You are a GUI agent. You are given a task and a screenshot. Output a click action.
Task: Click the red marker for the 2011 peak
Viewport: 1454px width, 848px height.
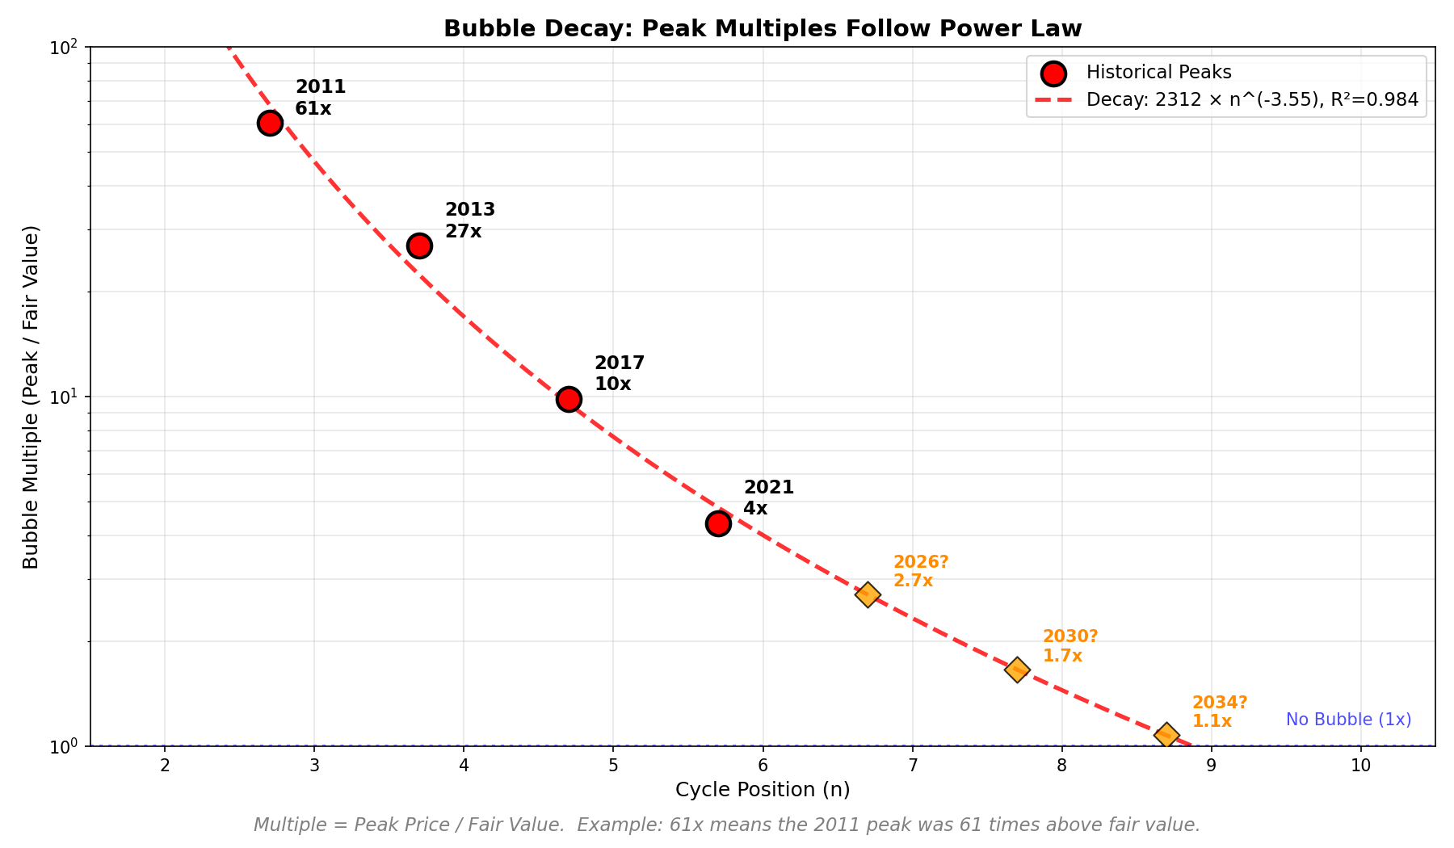[270, 123]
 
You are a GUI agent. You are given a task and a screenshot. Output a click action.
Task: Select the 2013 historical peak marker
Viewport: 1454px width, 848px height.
[419, 246]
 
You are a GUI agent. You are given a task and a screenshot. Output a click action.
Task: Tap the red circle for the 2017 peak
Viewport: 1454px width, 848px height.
[569, 399]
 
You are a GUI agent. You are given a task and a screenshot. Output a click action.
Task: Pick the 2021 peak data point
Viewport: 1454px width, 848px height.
[718, 523]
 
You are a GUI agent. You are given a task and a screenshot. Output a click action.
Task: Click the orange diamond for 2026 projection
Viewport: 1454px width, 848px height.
[868, 595]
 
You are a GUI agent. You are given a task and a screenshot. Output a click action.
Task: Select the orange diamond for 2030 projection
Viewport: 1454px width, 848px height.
[1017, 669]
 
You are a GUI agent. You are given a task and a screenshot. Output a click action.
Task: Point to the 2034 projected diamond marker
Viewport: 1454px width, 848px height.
[1166, 735]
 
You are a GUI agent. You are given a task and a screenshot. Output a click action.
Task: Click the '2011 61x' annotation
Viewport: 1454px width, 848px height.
[320, 98]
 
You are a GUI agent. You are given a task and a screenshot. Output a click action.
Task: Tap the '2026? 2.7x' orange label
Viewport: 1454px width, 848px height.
[920, 572]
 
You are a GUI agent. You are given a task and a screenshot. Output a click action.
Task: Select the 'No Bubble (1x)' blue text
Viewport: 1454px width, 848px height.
[1348, 720]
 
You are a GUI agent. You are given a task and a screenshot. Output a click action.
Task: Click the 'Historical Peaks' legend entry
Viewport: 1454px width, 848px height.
[1158, 73]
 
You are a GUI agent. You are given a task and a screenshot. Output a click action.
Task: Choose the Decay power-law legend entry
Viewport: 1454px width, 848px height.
[1252, 100]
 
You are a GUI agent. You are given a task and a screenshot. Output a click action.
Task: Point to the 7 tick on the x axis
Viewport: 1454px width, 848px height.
[913, 766]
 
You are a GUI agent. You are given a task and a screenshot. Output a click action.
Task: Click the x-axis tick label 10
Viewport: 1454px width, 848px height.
[1361, 766]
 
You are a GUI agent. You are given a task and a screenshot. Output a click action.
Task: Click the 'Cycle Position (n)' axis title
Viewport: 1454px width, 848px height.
[763, 790]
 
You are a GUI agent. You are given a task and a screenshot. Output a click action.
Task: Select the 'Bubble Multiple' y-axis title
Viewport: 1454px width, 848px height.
[32, 397]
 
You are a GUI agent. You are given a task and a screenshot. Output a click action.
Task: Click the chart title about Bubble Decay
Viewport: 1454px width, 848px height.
[763, 29]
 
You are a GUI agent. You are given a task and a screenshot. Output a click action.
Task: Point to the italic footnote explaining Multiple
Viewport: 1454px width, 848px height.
[726, 825]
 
